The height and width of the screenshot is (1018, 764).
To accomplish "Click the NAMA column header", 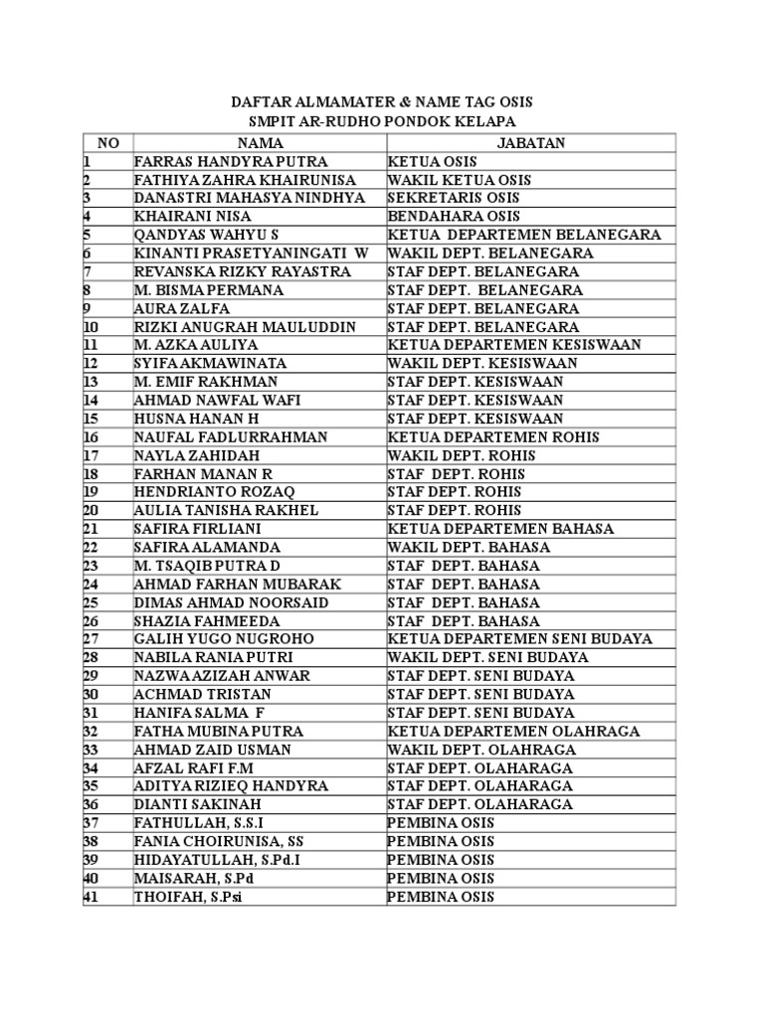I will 260,143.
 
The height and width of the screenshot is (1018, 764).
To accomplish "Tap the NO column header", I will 108,143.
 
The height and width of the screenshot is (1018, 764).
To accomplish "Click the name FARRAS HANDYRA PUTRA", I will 231,162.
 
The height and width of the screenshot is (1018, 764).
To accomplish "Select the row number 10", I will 91,327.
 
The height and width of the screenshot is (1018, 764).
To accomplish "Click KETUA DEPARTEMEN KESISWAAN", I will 514,345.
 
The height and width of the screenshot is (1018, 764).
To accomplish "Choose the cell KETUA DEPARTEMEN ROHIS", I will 494,437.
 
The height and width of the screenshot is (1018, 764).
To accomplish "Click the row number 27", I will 91,639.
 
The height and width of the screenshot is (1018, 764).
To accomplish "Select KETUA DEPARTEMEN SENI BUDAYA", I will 520,639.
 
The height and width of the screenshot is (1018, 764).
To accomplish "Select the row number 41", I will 91,897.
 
